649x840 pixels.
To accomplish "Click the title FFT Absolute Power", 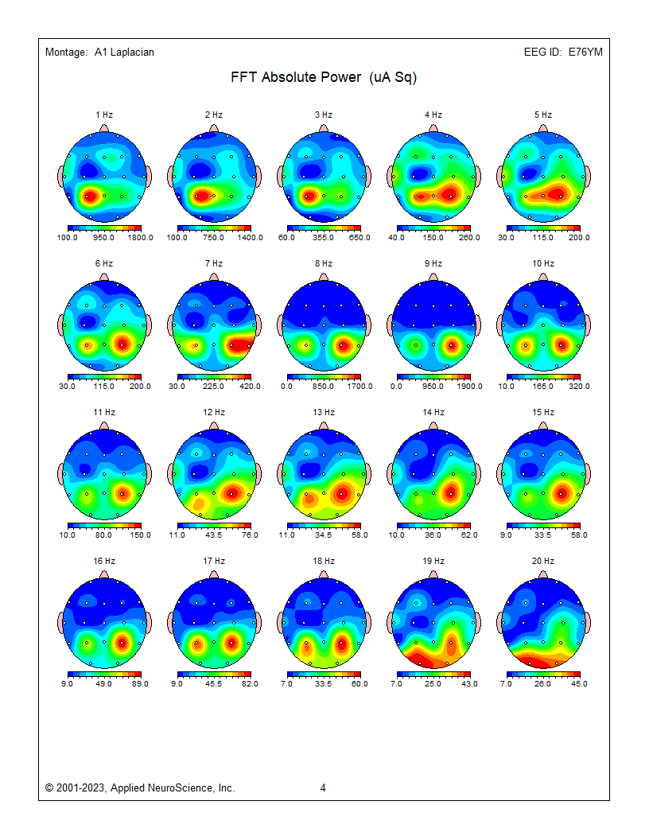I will pyautogui.click(x=324, y=77).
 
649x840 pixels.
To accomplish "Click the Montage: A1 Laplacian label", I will pyautogui.click(x=99, y=52).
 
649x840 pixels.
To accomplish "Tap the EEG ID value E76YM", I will pyautogui.click(x=585, y=52).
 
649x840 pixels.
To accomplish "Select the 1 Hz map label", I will pyautogui.click(x=104, y=115).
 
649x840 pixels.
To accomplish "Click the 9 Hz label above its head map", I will pyautogui.click(x=433, y=263).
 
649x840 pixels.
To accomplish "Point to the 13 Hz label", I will pyautogui.click(x=324, y=412).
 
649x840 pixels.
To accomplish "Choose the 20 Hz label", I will pyautogui.click(x=543, y=561).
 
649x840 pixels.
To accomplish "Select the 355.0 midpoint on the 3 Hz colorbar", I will pyautogui.click(x=324, y=237).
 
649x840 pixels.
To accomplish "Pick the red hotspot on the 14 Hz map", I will pyautogui.click(x=450, y=493).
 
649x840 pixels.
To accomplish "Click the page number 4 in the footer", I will pyautogui.click(x=323, y=787).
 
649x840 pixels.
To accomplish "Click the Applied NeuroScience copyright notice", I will pyautogui.click(x=140, y=787).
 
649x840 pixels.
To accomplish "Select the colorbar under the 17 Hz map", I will pyautogui.click(x=214, y=675).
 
